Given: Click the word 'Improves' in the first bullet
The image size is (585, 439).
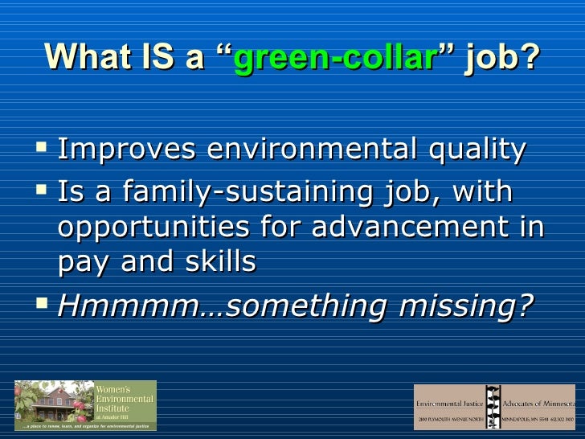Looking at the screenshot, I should point(129,150).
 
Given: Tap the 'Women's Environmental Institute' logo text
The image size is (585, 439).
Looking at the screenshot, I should point(124,399).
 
